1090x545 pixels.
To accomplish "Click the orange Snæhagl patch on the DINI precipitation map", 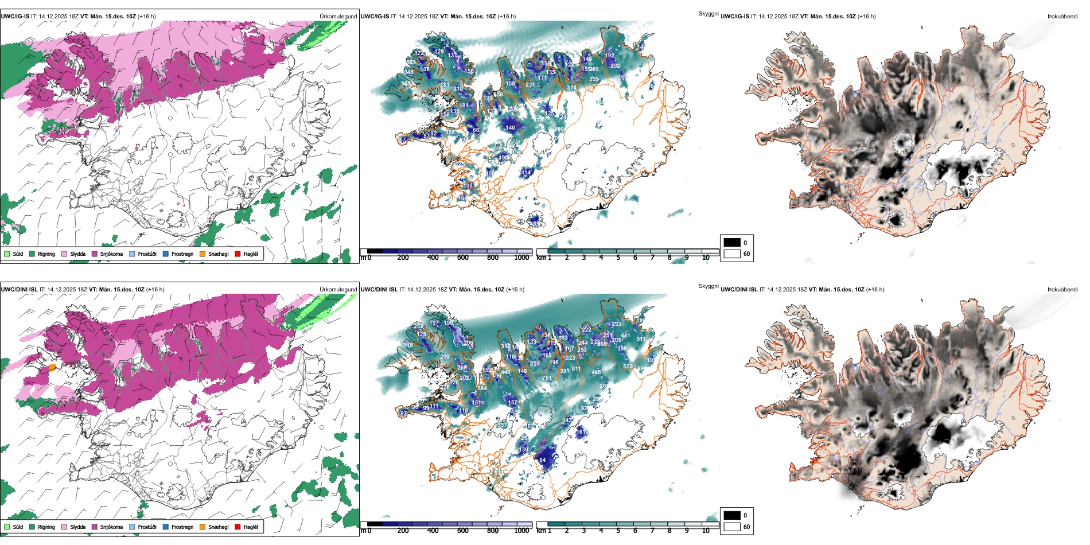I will coord(52,367).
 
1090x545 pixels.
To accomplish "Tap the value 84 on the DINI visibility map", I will coord(543,460).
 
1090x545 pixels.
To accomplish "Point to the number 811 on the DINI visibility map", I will coord(576,369).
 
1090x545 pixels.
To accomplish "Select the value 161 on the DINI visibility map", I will coord(581,432).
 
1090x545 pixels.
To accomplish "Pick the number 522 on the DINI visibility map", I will coord(628,367).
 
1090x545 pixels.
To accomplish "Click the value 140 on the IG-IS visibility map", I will coord(510,128).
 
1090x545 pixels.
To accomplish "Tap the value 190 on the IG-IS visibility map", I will coord(503,158).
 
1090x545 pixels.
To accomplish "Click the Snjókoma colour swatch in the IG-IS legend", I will coord(95,254).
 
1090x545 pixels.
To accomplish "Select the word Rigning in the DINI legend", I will coord(46,527).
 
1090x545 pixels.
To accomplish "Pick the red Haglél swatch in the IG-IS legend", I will coord(238,254).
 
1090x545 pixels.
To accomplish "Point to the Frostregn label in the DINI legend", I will coord(182,527).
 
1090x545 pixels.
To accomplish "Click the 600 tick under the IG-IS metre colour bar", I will coord(462,258).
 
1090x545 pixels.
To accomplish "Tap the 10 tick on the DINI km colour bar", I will coord(706,531).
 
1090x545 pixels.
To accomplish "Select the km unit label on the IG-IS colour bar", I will coord(541,258).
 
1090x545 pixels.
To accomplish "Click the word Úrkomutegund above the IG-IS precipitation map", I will coord(338,17).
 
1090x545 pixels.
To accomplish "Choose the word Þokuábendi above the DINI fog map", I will coord(1062,290).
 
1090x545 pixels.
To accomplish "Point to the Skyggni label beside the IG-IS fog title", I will coord(708,13).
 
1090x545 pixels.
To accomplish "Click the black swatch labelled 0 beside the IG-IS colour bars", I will coord(732,243).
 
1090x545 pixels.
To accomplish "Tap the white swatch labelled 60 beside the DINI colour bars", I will coord(732,527).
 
